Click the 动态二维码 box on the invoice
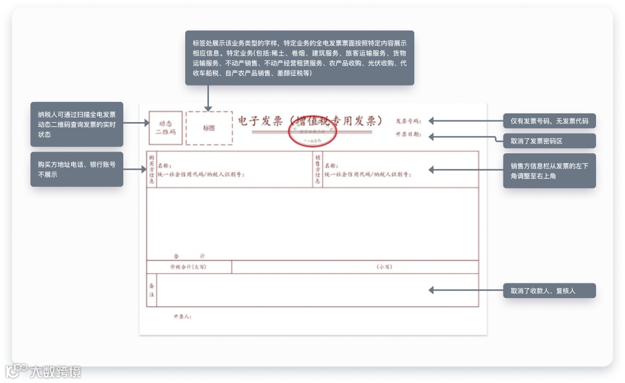(x=166, y=128)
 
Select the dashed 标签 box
(x=209, y=128)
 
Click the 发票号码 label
(x=409, y=121)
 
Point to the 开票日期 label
(x=409, y=135)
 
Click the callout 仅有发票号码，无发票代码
(x=549, y=121)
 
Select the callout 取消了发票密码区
(x=549, y=141)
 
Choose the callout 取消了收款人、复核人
(x=549, y=290)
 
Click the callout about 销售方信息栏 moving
(x=549, y=171)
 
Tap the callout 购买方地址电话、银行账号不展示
(x=76, y=169)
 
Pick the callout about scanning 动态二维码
(x=76, y=124)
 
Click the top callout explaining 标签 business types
(x=299, y=58)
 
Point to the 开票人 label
(x=182, y=316)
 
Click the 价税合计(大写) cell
(x=188, y=267)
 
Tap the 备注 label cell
(x=152, y=290)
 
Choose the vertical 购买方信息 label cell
(x=152, y=170)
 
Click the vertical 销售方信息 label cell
(x=318, y=170)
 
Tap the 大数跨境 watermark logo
(x=44, y=371)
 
